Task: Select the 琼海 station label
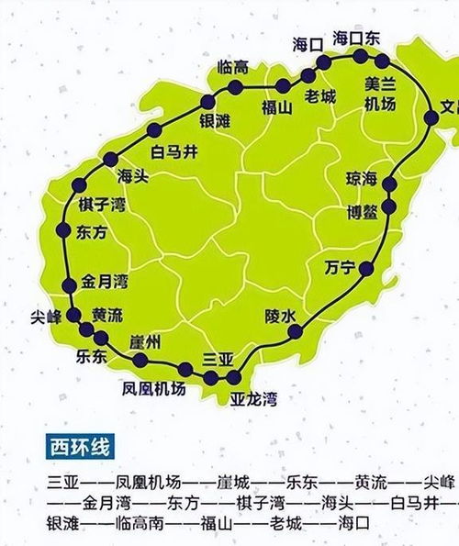(x=361, y=177)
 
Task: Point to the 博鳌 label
(x=361, y=212)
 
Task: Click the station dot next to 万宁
(x=365, y=269)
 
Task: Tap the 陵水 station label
(x=281, y=315)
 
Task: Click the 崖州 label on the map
(x=146, y=342)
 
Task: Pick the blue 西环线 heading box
(x=80, y=449)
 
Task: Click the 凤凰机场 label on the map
(x=153, y=389)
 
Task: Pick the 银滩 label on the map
(x=216, y=120)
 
